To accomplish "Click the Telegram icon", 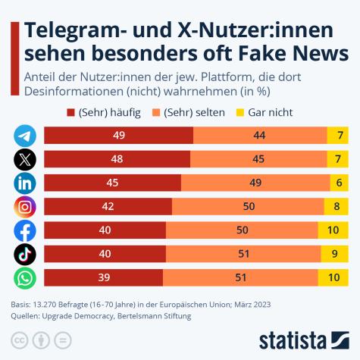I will coord(25,136).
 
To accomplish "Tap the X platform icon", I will coord(25,159).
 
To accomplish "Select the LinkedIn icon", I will coord(25,183).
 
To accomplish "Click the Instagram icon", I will coord(25,207).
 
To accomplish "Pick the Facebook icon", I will coord(25,230).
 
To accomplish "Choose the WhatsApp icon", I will coord(25,278).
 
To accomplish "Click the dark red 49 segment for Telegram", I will coord(118,136).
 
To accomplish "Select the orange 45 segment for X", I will coord(258,159).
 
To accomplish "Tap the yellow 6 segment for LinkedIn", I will coord(339,183).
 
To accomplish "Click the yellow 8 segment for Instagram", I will coord(336,207).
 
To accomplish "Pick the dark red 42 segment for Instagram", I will coord(108,207).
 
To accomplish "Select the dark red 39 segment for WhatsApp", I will coord(103,278).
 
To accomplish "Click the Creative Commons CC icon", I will coord(20,338).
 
